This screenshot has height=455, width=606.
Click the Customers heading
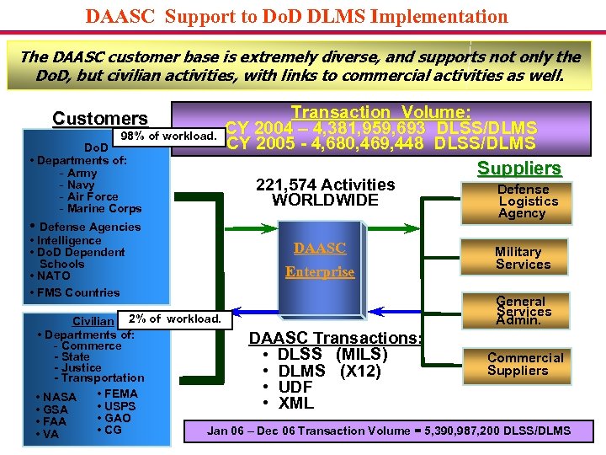pos(99,119)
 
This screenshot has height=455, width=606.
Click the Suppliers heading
pos(518,168)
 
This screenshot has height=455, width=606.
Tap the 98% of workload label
pos(168,136)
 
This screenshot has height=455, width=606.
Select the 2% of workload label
pos(174,318)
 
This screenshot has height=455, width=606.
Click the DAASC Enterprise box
pos(320,260)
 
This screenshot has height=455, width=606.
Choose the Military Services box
pos(523,258)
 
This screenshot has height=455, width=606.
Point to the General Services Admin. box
pos(523,311)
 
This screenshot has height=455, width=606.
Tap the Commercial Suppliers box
pos(524,364)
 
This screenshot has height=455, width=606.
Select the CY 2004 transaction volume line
pos(380,128)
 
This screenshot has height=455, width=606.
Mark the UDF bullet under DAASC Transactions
pos(295,387)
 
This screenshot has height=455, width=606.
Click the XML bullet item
pos(295,403)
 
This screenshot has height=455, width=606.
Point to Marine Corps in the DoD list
pos(104,208)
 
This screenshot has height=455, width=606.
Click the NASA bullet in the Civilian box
pos(59,397)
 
